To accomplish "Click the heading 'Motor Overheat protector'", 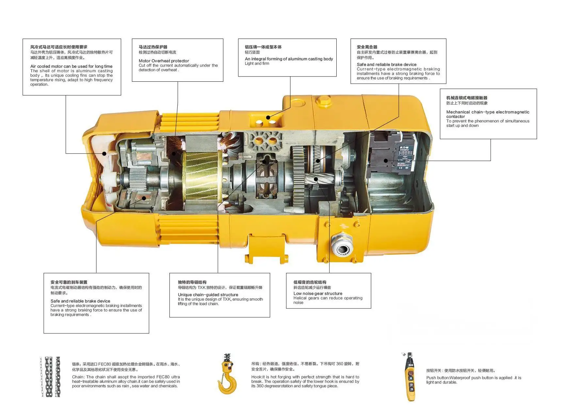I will coord(164,61).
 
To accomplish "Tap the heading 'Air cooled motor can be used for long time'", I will coord(71,66).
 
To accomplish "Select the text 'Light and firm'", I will coord(257,63).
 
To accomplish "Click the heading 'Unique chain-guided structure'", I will coord(208,294).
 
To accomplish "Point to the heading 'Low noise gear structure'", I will coord(318,294).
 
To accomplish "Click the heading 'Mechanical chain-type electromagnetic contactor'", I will coord(488,114).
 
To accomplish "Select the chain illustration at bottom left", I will coord(50,377).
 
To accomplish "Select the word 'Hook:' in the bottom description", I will coord(256,377).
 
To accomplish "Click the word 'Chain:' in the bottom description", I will coord(78,377).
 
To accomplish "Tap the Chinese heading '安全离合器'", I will coord(367,47).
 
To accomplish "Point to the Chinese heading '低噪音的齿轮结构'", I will coord(310,282).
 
